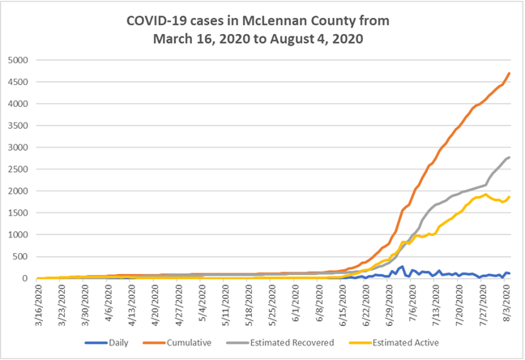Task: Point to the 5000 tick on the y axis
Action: pos(20,60)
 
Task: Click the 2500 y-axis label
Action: pos(20,169)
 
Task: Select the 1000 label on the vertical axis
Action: pos(20,235)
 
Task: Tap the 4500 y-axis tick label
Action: pos(20,82)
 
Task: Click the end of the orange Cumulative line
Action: pos(509,74)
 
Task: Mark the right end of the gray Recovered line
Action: pos(509,157)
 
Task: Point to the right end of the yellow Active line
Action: pos(509,197)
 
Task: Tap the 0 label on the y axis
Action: pos(29,279)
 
